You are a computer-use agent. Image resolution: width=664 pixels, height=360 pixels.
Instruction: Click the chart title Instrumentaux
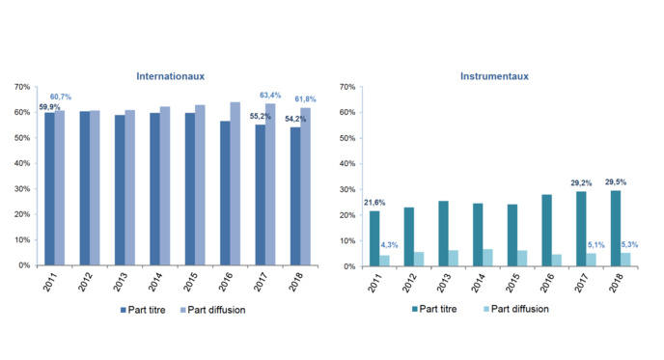496,75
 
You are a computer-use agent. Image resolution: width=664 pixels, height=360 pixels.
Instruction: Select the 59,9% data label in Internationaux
49,107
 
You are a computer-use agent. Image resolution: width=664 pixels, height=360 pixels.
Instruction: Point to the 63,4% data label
271,96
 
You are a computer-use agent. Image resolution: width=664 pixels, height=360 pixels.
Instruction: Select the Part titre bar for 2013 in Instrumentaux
444,234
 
